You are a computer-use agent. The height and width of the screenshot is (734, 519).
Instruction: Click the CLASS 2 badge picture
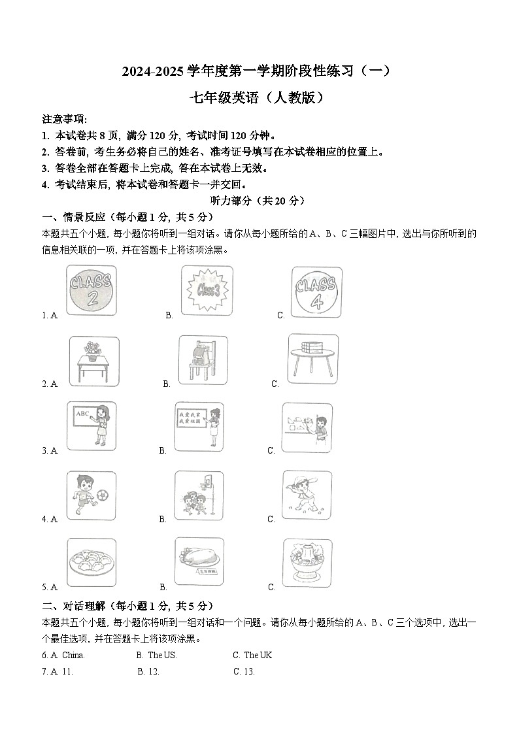click(92, 291)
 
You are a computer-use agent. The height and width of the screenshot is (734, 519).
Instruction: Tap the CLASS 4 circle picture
click(316, 292)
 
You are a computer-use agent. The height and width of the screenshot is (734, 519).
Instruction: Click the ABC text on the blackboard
click(82, 414)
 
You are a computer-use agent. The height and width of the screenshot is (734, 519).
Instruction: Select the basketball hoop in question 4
click(208, 484)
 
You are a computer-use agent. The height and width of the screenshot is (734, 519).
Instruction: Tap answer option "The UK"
click(258, 655)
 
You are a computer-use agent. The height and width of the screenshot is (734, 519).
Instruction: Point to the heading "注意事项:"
click(65, 120)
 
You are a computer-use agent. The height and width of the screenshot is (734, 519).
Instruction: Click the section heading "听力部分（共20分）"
click(259, 201)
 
